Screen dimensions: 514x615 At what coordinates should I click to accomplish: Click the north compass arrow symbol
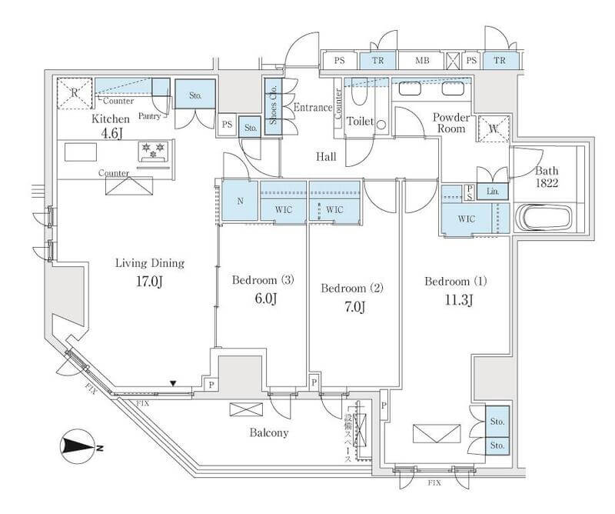coord(78,446)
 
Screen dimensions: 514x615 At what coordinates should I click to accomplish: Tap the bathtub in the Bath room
coord(545,217)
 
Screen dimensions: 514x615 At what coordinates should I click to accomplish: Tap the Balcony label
coord(269,432)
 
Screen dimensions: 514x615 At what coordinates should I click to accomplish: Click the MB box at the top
coord(423,60)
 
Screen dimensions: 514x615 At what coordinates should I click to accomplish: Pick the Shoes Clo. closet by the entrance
coord(272,107)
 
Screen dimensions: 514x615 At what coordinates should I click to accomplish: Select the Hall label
coord(327,157)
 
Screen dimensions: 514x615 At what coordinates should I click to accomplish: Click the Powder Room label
coord(451,122)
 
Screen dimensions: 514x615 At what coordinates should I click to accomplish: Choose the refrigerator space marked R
coord(75,92)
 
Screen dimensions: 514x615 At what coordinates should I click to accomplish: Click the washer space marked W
coord(493,129)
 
